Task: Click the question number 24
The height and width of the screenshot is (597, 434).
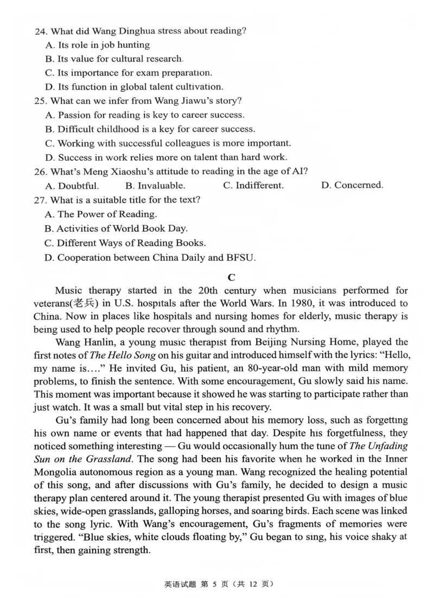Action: click(x=40, y=31)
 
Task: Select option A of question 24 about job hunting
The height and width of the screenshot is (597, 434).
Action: click(x=98, y=45)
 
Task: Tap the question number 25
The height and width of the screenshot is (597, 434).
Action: click(x=40, y=101)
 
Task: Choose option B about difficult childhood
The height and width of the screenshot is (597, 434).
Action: click(x=150, y=129)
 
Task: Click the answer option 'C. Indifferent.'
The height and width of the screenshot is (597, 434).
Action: click(x=253, y=186)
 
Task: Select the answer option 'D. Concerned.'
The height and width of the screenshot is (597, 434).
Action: click(x=352, y=186)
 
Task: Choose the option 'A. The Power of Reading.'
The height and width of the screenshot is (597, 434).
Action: click(x=101, y=215)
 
